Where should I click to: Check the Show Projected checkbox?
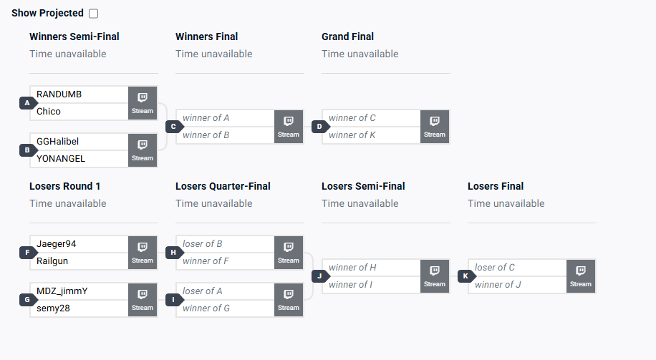pos(94,14)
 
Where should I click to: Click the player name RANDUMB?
pos(59,94)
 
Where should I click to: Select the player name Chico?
pos(49,112)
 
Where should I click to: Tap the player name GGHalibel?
pos(57,142)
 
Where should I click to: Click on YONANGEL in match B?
pos(60,159)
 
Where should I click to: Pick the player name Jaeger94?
pos(56,244)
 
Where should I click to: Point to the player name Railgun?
pos(52,261)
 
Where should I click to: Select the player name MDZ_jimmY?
pos(62,291)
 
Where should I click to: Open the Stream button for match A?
pos(143,103)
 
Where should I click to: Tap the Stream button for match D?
pos(435,127)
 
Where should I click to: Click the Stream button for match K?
pos(581,276)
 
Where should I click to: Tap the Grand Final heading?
pos(347,37)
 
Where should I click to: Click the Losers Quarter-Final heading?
pos(223,186)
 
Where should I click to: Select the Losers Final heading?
pos(496,186)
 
